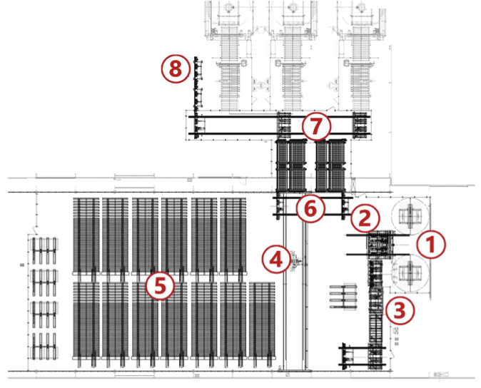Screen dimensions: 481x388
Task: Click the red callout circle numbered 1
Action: pyautogui.click(x=431, y=244)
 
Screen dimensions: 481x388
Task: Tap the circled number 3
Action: pyautogui.click(x=400, y=310)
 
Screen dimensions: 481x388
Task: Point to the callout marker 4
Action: pyautogui.click(x=276, y=259)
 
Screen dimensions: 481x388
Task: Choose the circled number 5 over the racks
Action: pyautogui.click(x=160, y=286)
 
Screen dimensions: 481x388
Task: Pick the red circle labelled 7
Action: pyautogui.click(x=317, y=128)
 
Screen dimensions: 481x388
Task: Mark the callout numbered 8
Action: pyautogui.click(x=176, y=69)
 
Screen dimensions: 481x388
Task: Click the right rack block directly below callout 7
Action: pyautogui.click(x=330, y=165)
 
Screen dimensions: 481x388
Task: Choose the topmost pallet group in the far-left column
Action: pyautogui.click(x=44, y=245)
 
